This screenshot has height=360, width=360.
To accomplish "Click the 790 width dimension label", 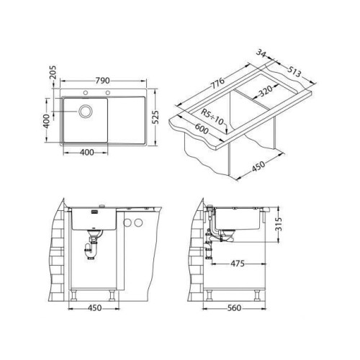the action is (102, 81).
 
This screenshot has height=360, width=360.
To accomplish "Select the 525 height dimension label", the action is (156, 117).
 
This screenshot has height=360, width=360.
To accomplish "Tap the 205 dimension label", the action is (53, 72).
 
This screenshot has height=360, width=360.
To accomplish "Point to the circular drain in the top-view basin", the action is (85, 111).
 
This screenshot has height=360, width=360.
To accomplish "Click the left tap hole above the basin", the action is (85, 93).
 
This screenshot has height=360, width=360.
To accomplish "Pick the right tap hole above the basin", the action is (108, 93).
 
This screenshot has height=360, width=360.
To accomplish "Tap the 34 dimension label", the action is (261, 53).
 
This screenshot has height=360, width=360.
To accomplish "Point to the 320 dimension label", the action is (266, 91).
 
